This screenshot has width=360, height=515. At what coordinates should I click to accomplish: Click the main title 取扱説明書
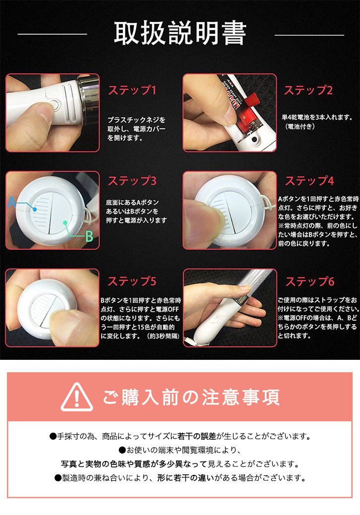[x=180, y=33]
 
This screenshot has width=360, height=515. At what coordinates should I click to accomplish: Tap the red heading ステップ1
[x=132, y=90]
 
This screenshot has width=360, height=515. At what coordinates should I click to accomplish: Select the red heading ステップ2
[x=308, y=90]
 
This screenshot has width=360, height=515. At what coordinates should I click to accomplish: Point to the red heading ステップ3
[x=132, y=180]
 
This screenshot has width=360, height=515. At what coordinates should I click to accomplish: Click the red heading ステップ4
[x=309, y=180]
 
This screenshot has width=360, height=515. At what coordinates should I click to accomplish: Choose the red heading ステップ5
[x=132, y=281]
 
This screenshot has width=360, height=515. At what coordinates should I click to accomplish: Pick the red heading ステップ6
[x=310, y=282]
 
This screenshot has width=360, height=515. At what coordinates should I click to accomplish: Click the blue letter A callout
[x=11, y=202]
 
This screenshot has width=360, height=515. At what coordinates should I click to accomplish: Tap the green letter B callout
[x=89, y=236]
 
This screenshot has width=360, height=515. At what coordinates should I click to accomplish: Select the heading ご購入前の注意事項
[x=191, y=397]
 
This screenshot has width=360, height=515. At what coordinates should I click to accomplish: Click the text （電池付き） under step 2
[x=300, y=126]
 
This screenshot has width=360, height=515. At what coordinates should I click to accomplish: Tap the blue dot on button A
[x=35, y=209]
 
